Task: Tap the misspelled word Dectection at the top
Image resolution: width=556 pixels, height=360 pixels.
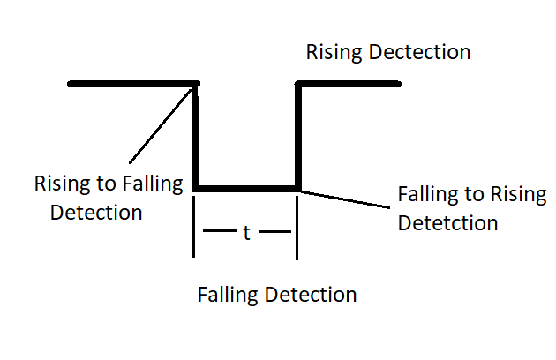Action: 416,52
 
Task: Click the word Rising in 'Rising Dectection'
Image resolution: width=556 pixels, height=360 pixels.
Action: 332,52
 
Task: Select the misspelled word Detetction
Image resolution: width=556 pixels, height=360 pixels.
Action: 447,221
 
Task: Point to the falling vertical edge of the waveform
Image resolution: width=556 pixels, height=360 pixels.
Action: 196,137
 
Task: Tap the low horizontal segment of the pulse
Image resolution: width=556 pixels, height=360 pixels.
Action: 247,188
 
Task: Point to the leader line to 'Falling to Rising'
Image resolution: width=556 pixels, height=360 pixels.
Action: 344,199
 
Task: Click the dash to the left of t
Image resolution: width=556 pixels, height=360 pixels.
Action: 218,233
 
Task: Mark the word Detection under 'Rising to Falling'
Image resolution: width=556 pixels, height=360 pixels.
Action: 96,213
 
